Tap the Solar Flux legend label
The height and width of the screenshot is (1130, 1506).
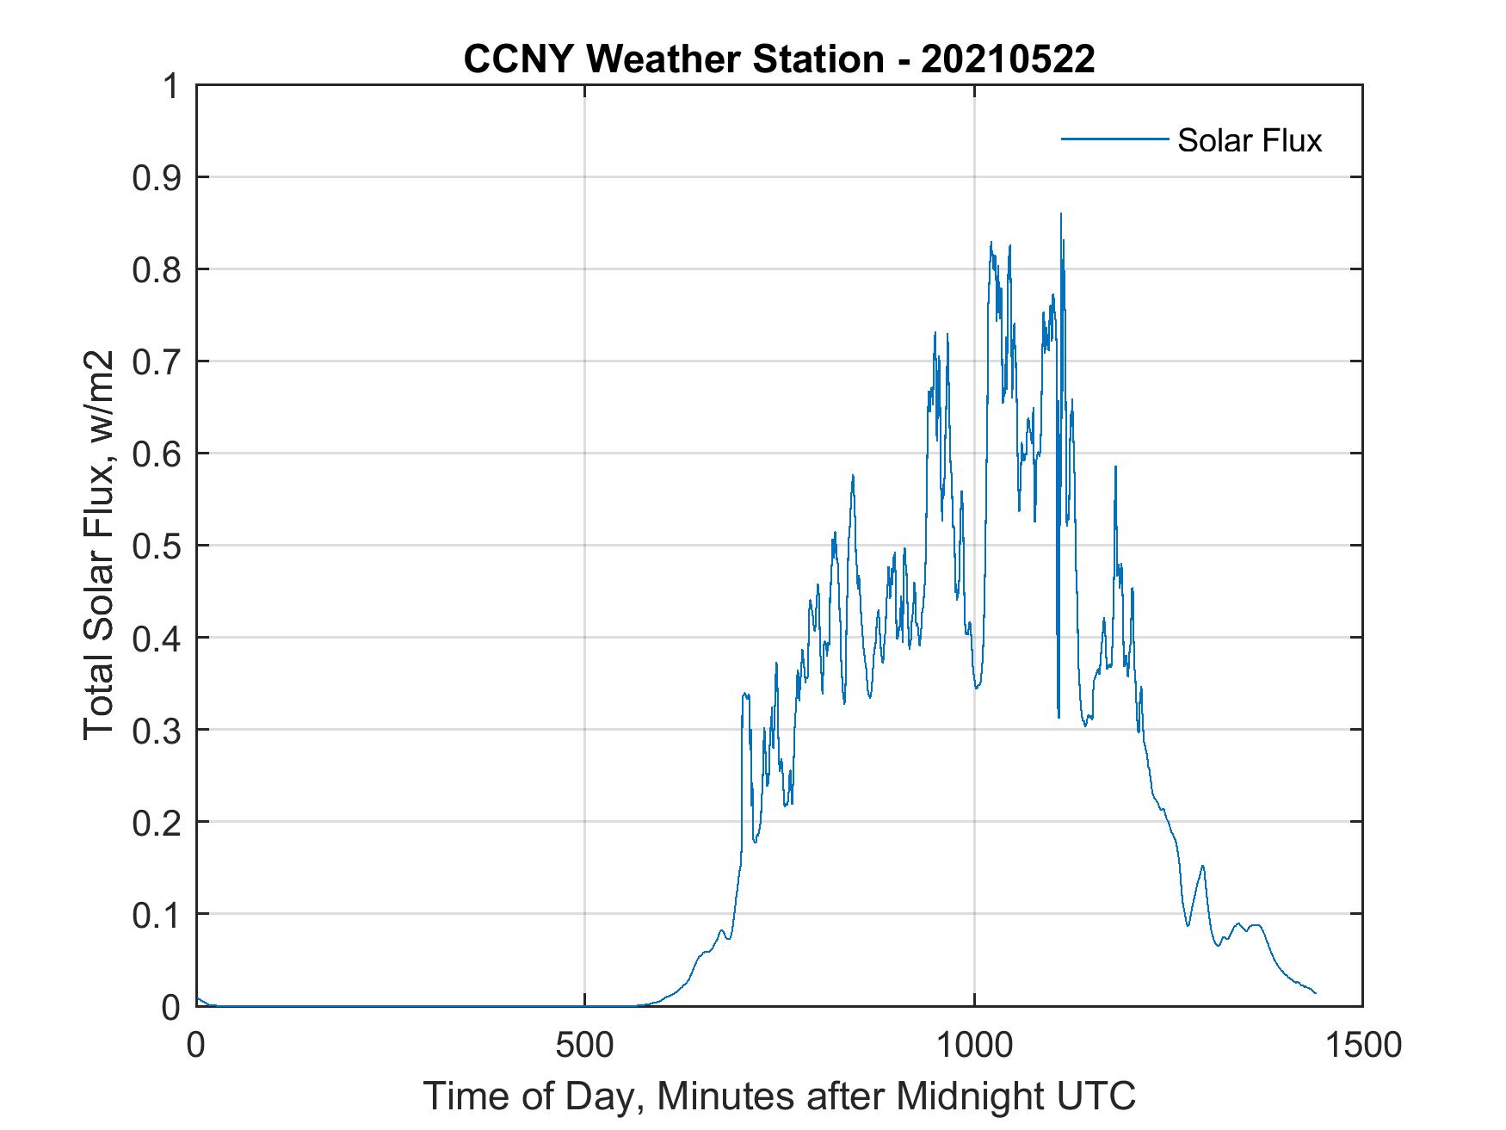point(1249,140)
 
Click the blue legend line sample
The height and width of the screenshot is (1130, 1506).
point(1114,139)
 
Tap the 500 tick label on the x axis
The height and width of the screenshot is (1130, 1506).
point(585,1045)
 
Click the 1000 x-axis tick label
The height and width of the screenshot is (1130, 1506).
point(974,1045)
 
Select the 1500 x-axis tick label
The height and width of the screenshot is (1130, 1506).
point(1362,1045)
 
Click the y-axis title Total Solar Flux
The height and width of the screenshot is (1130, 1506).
point(99,546)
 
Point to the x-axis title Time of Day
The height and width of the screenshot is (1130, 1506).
point(779,1096)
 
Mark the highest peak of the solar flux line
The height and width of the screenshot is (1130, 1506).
point(1060,214)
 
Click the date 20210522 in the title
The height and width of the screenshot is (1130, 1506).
point(1008,59)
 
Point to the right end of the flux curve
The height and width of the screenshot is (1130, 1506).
point(1315,993)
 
